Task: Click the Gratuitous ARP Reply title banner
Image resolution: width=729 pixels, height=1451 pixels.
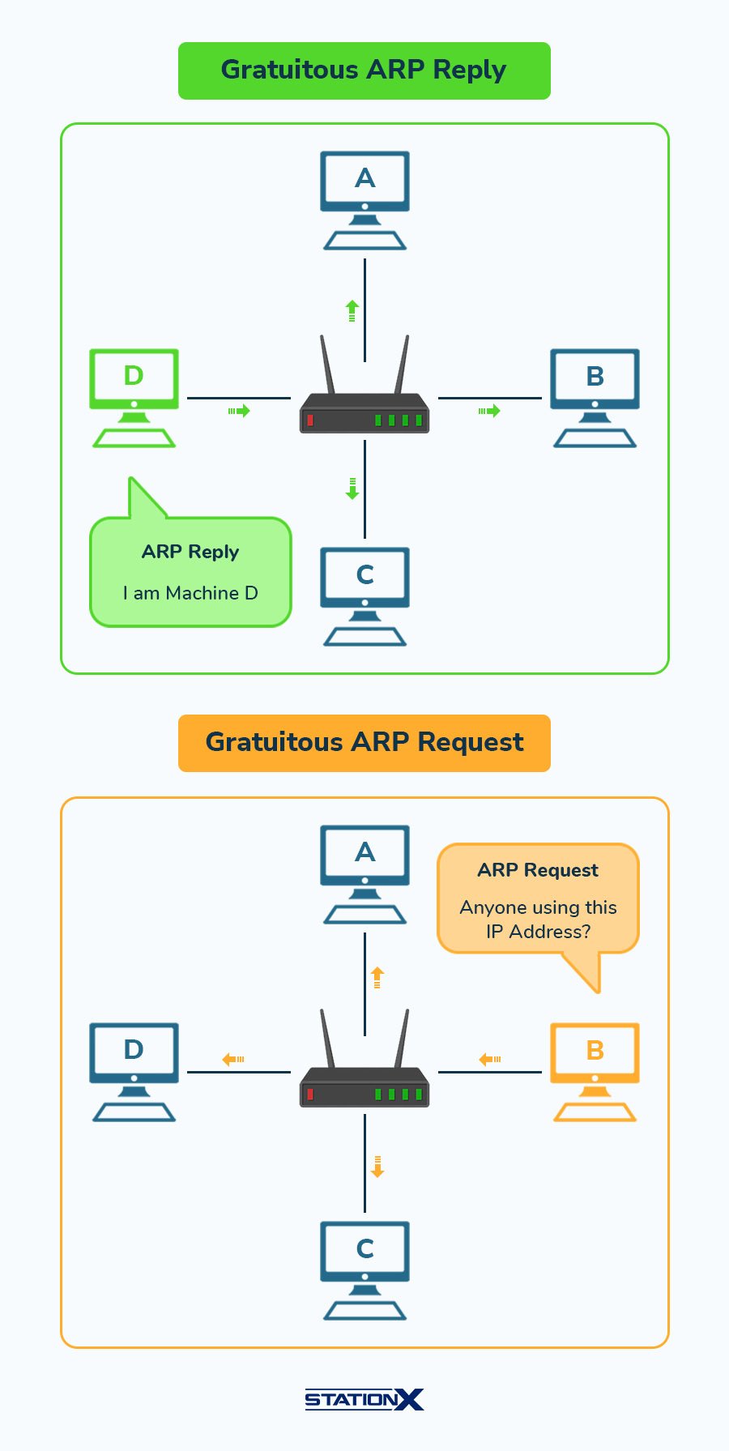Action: (364, 70)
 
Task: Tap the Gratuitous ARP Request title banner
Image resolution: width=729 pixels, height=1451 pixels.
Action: (364, 743)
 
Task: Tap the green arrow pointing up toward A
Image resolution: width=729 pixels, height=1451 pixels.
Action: (352, 310)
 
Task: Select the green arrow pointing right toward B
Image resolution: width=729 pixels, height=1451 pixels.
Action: (489, 411)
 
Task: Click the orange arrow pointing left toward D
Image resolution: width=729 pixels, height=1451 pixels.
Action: (233, 1059)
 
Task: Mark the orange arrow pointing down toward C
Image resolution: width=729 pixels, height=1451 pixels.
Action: (377, 1167)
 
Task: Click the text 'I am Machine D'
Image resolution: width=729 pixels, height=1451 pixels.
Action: (190, 593)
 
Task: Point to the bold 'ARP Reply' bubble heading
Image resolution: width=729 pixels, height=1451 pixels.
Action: (190, 552)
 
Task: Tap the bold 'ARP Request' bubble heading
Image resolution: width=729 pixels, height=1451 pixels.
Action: (538, 870)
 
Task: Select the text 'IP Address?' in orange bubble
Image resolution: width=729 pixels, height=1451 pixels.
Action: (538, 932)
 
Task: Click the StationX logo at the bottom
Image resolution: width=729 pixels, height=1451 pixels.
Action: (364, 1399)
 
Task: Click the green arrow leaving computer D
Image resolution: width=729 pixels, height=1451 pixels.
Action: (239, 411)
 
